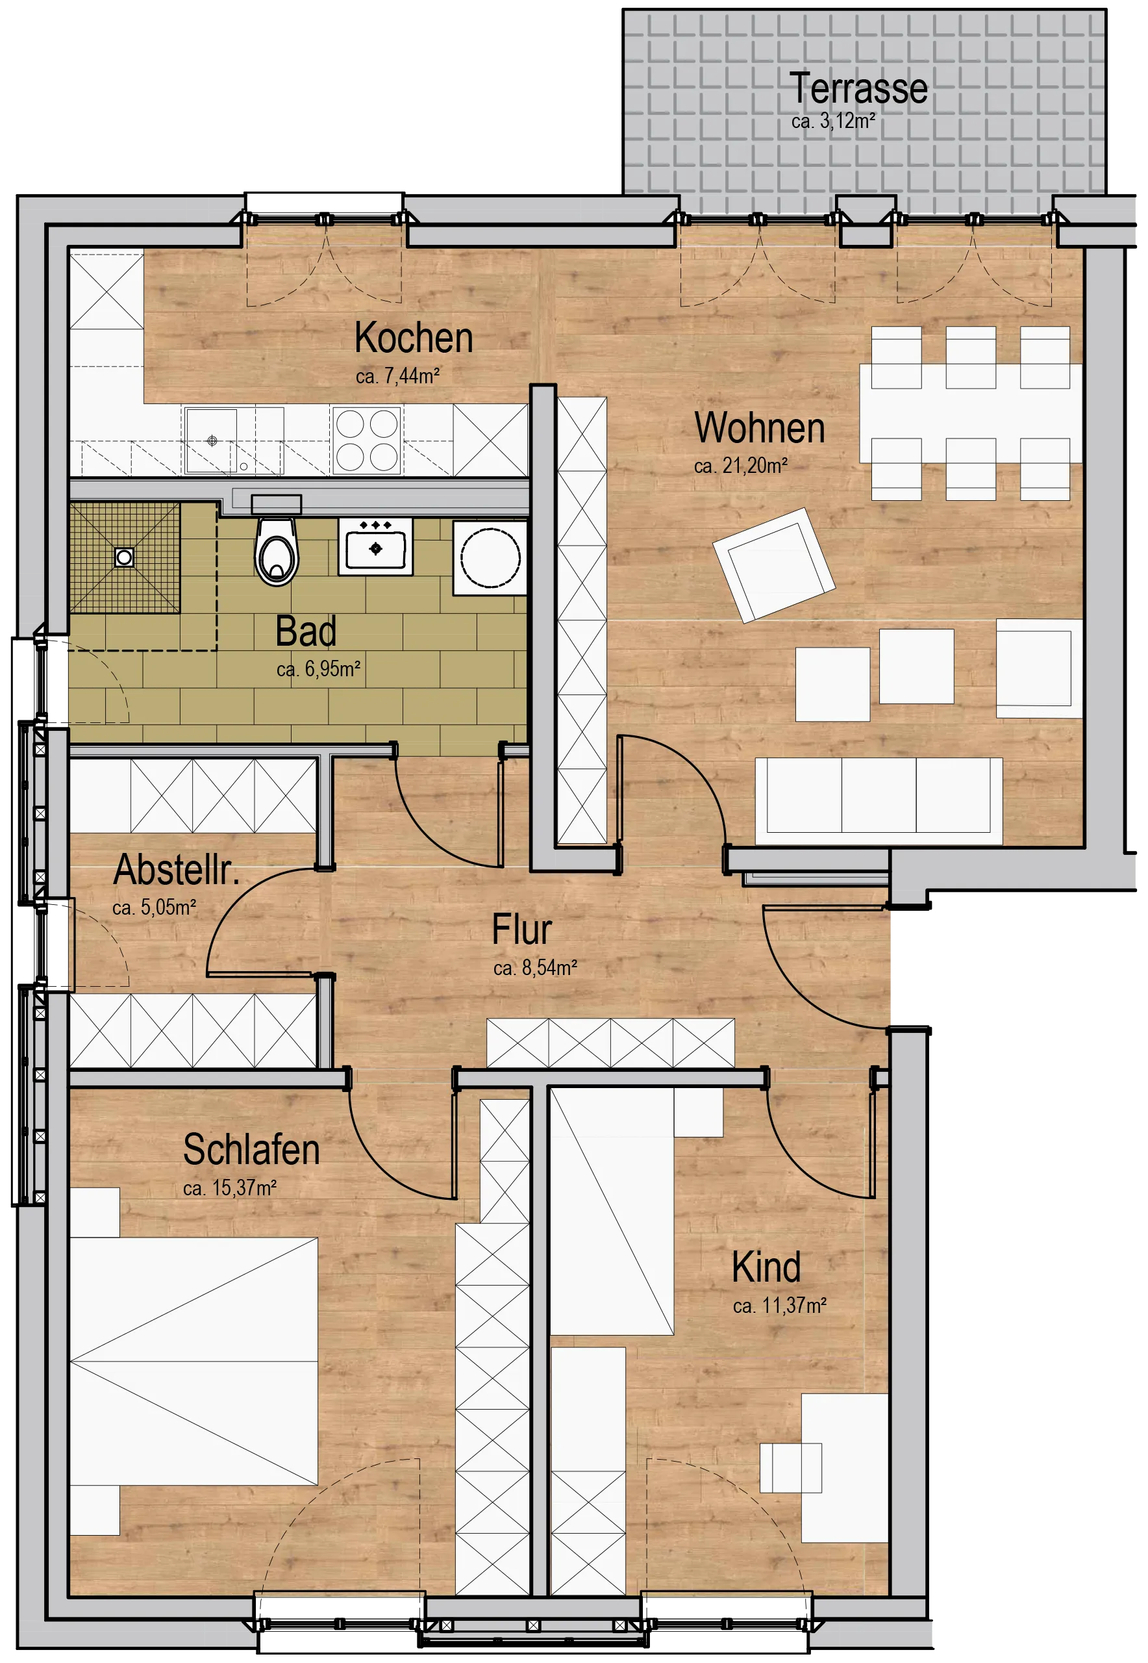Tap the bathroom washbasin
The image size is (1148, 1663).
click(375, 548)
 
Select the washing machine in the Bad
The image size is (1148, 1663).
click(490, 559)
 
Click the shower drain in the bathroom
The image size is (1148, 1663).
click(125, 557)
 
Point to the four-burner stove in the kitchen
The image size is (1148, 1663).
click(367, 440)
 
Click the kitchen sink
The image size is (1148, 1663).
click(212, 440)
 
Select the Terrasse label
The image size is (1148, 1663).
click(858, 88)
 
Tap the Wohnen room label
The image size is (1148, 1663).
click(760, 427)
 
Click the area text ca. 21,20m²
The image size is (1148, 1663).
click(741, 466)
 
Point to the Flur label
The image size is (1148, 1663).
click(521, 929)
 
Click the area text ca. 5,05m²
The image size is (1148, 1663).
click(154, 908)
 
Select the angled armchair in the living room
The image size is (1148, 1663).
click(774, 565)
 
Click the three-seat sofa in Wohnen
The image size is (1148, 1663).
click(879, 800)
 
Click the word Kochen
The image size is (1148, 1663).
click(414, 338)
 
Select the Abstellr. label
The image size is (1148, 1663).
click(176, 869)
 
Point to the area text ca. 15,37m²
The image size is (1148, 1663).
click(229, 1188)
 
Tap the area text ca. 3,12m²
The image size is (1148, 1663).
click(833, 121)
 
